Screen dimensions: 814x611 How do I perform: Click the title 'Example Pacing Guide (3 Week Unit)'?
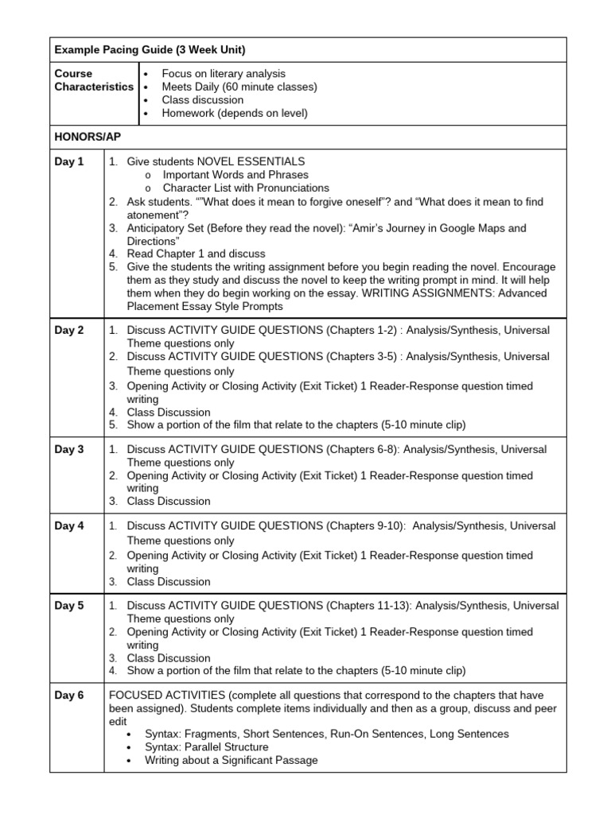pos(150,50)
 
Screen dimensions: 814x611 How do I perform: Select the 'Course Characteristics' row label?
pos(94,80)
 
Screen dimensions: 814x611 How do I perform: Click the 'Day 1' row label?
pos(69,162)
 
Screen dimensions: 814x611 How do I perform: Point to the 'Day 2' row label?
pos(69,331)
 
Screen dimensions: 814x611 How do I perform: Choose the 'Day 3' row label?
pos(69,450)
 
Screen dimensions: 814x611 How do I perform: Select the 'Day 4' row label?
pos(69,526)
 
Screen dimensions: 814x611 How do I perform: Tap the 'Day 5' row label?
pos(69,606)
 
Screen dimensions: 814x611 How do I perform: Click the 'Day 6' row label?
pos(69,696)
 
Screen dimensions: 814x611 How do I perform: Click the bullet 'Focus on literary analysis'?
pos(223,74)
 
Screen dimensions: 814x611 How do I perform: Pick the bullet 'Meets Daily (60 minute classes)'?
pos(239,87)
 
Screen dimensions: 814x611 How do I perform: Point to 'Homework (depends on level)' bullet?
pos(234,113)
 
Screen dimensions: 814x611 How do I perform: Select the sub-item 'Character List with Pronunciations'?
pos(246,188)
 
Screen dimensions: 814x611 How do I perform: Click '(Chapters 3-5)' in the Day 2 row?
pos(359,357)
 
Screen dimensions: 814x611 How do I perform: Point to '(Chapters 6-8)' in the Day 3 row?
pos(358,450)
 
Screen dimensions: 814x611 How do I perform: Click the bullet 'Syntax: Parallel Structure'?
pos(207,747)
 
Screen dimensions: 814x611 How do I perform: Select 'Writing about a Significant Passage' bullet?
pos(231,760)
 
